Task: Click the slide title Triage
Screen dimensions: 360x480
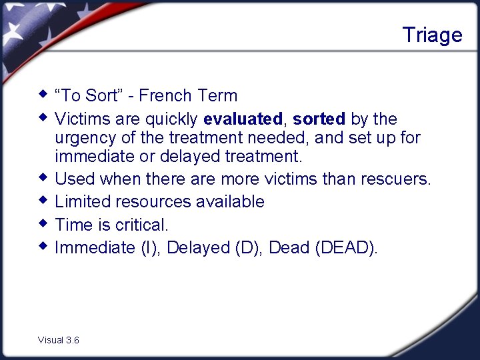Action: (432, 35)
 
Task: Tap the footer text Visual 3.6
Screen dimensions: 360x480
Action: (59, 340)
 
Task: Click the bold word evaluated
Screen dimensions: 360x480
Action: (243, 119)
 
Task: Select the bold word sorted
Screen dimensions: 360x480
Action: (319, 119)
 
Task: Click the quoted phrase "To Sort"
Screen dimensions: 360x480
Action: (86, 96)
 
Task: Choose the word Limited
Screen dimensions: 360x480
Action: (81, 202)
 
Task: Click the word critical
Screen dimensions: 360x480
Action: (141, 225)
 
